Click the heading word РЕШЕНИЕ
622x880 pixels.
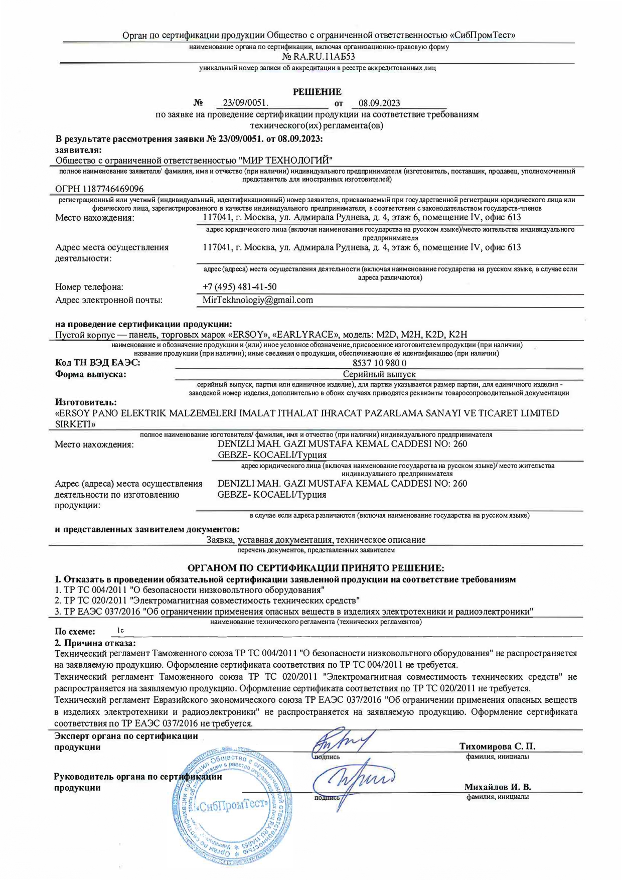pyautogui.click(x=317, y=92)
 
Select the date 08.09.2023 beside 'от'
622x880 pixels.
pyautogui.click(x=379, y=103)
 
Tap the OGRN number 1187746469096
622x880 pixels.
pyautogui.click(x=99, y=189)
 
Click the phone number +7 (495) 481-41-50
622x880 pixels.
pyautogui.click(x=239, y=287)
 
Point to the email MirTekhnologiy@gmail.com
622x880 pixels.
pyautogui.click(x=257, y=300)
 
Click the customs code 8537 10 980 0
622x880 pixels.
pyautogui.click(x=379, y=363)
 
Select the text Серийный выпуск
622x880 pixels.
pyautogui.click(x=379, y=374)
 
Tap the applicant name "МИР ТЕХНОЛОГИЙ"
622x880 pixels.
pyautogui.click(x=285, y=160)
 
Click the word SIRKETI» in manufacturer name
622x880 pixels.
pyautogui.click(x=75, y=424)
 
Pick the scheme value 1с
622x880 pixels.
pyautogui.click(x=120, y=630)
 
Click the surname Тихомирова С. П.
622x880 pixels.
pyautogui.click(x=497, y=746)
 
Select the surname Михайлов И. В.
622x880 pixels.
pyautogui.click(x=497, y=787)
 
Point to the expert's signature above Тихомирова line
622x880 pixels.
pyautogui.click(x=341, y=741)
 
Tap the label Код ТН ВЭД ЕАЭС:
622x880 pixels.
pyautogui.click(x=97, y=363)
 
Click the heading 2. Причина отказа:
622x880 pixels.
pyautogui.click(x=95, y=643)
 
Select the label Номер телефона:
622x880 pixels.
pyautogui.click(x=89, y=287)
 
